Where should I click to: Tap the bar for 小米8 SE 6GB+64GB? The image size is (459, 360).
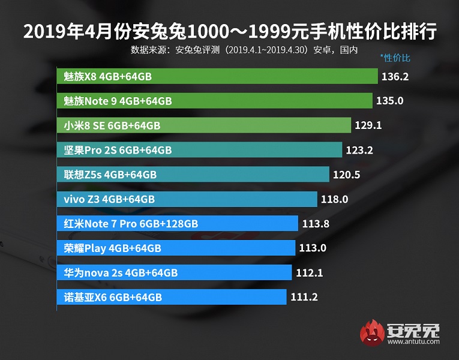(x=205, y=125)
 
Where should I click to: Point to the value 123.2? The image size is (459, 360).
(x=359, y=150)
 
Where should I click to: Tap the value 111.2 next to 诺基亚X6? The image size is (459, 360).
(x=303, y=297)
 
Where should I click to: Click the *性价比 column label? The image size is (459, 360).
(x=395, y=58)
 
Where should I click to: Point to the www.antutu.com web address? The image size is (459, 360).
(x=414, y=343)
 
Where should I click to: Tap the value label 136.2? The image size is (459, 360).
(x=395, y=77)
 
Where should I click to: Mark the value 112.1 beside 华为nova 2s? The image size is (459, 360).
(x=310, y=273)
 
